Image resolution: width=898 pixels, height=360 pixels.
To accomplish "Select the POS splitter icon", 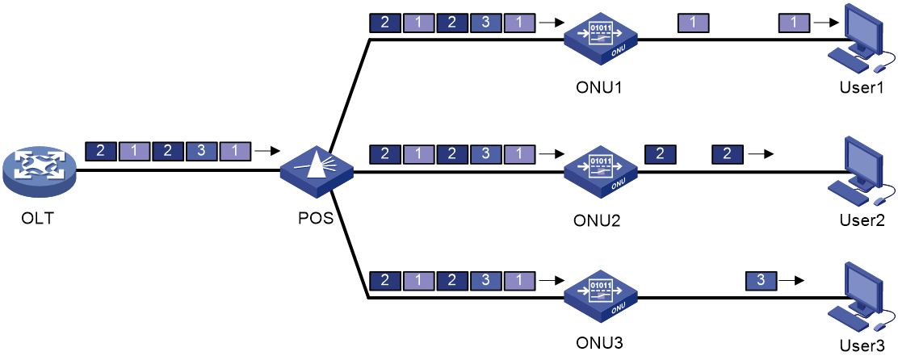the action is [x=317, y=171].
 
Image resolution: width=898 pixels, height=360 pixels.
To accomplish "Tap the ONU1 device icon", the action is [x=601, y=40].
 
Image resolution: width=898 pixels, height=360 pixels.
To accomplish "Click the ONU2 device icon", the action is [x=601, y=171].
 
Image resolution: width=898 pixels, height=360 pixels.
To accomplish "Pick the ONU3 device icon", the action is [x=601, y=298].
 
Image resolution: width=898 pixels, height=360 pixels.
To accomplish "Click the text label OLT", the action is [x=39, y=219].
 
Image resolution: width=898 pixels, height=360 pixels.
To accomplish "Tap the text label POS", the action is [x=316, y=219].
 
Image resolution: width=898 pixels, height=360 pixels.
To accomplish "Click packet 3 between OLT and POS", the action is [x=202, y=151].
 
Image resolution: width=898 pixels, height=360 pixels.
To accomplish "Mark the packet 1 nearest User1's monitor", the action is [x=795, y=23].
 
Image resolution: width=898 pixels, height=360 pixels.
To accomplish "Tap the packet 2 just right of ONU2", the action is [x=661, y=153].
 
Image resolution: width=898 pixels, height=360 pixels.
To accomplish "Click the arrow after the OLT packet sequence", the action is [x=267, y=151].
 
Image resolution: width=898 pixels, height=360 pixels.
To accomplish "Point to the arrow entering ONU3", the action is [x=548, y=280].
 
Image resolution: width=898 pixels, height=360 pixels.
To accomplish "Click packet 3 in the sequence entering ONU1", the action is [x=486, y=23].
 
